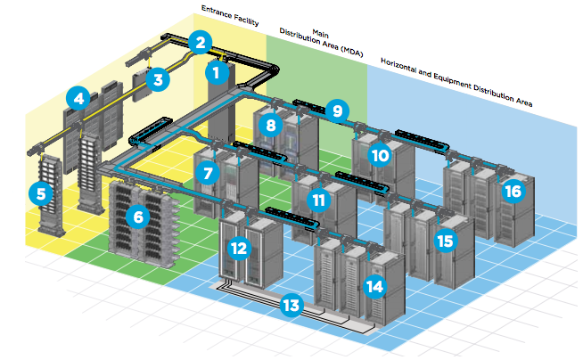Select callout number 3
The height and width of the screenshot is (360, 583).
(159, 80)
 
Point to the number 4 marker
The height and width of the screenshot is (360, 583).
(80, 98)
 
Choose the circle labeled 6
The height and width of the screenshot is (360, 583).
(136, 215)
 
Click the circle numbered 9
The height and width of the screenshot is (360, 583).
(335, 111)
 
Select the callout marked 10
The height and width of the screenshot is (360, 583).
(381, 155)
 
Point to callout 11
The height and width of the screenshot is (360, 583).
(317, 200)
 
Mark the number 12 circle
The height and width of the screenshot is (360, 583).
(238, 248)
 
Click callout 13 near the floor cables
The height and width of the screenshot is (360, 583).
(290, 305)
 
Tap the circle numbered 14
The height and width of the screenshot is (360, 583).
(374, 286)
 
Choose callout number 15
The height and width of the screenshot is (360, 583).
(444, 241)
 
